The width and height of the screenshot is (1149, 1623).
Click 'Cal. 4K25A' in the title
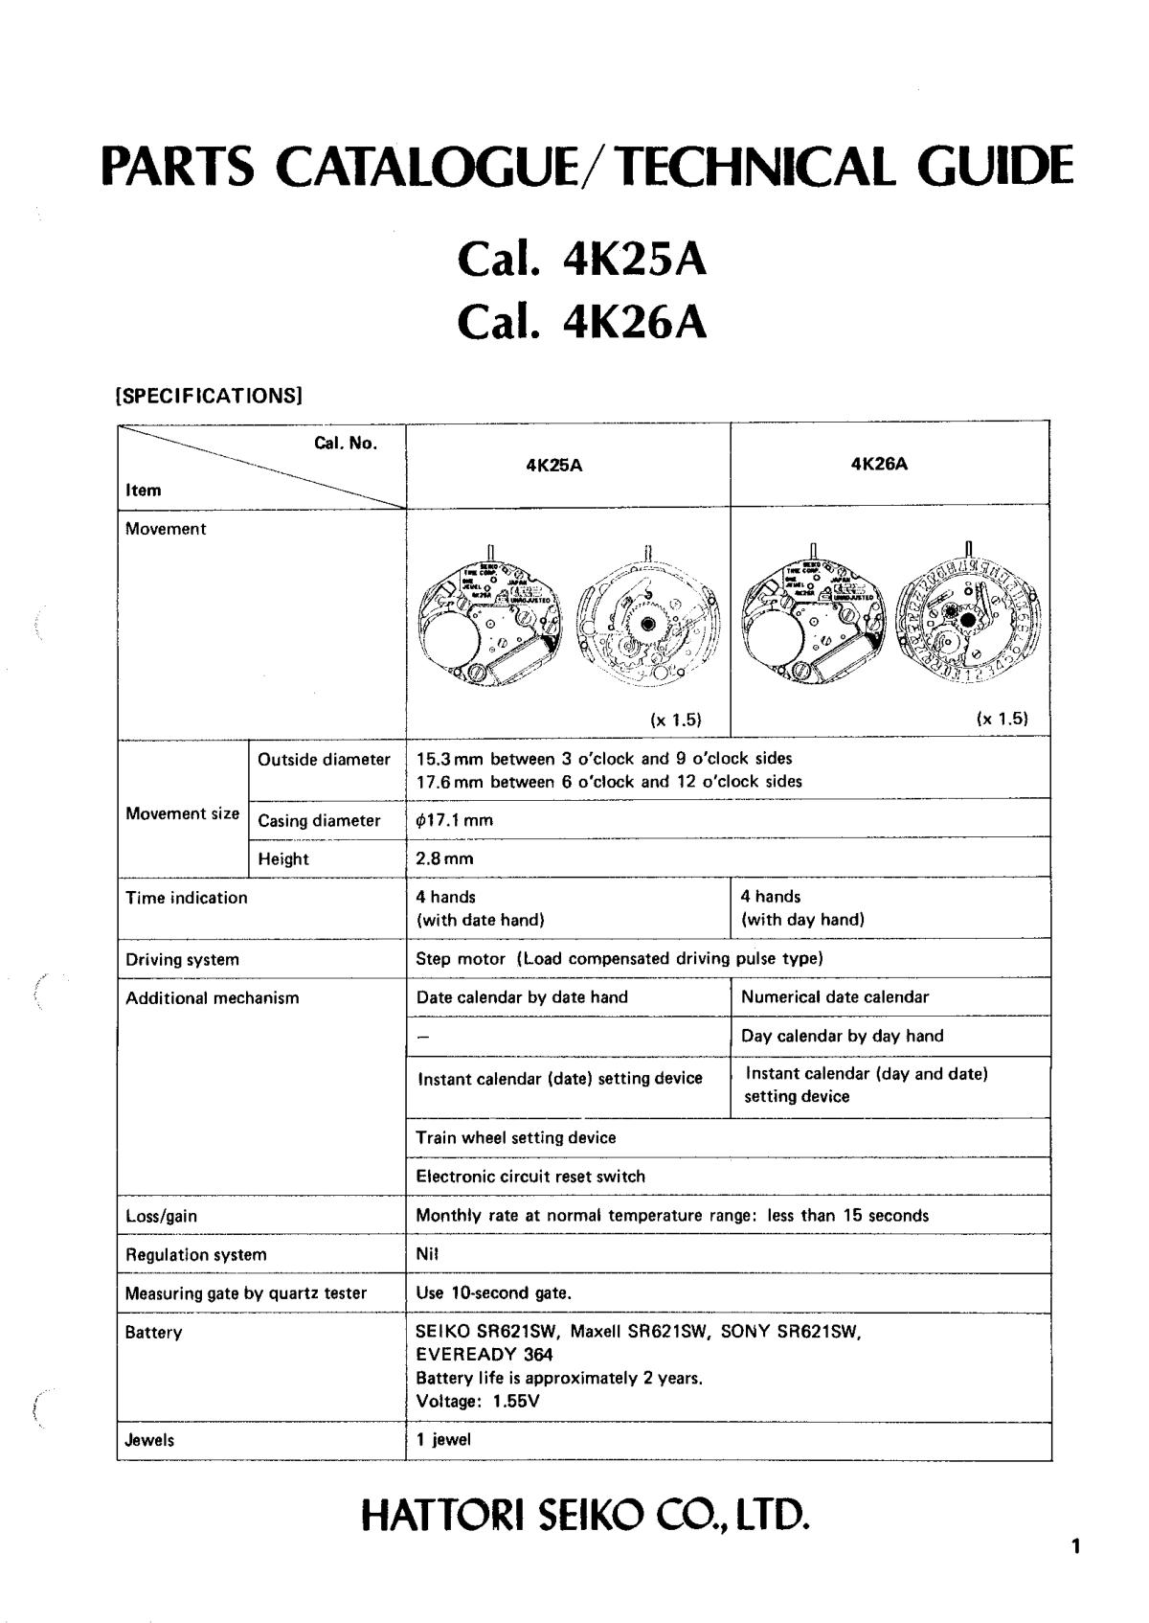(582, 259)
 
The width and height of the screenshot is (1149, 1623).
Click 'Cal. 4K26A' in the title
(582, 323)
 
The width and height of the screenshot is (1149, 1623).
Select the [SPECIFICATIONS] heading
(209, 395)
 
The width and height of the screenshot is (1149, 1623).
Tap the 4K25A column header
(554, 466)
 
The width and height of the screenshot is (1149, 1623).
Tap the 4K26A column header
(879, 464)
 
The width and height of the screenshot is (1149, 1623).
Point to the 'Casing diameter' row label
(319, 820)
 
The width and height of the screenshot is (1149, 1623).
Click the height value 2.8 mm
(444, 858)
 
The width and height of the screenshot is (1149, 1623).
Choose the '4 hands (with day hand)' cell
(802, 908)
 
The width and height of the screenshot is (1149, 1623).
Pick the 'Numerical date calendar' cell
(835, 996)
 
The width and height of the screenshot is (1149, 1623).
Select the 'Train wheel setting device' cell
(516, 1137)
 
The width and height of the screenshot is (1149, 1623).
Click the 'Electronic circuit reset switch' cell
(530, 1177)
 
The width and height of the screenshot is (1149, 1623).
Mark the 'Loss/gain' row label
(161, 1216)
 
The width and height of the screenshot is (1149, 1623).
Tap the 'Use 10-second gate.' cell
(494, 1292)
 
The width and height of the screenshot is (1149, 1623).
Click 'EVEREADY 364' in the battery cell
(484, 1355)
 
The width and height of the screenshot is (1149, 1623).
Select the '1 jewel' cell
(443, 1439)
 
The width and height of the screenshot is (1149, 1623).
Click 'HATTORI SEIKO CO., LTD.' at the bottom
(585, 1516)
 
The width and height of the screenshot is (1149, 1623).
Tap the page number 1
(1075, 1545)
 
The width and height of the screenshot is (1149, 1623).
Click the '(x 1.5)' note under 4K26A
(1002, 719)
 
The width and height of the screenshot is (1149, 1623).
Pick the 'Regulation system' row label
(196, 1254)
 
